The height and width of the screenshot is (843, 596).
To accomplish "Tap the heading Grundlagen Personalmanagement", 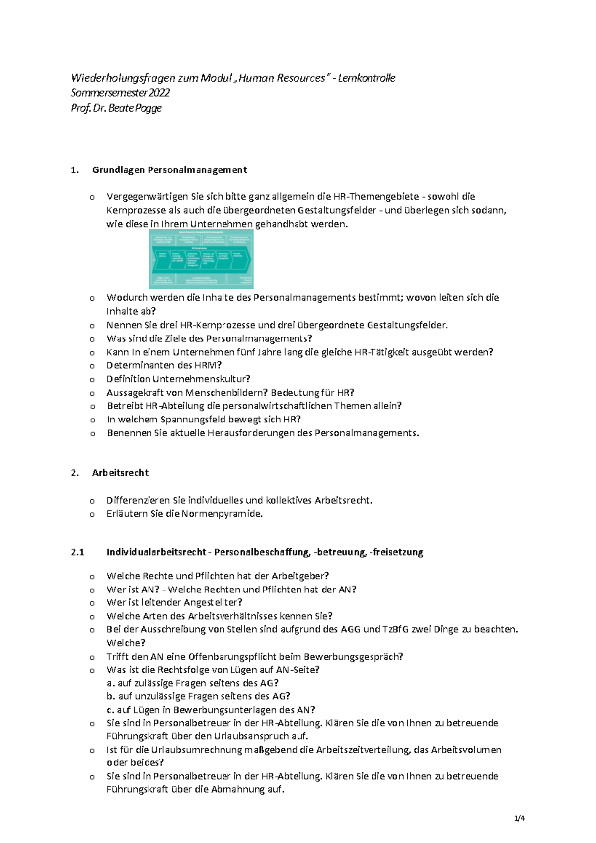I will coord(169,170).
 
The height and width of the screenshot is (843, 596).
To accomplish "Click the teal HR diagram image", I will coord(201,259).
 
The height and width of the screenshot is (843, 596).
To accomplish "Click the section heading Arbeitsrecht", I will coord(120,473).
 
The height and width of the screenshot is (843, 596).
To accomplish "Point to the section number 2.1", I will coord(77,552).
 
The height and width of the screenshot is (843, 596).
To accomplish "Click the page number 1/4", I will coord(520,818).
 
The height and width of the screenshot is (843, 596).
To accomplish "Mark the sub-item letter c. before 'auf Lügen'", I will coord(110,710).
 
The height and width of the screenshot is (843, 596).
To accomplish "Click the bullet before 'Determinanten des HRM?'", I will coord(92,366).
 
